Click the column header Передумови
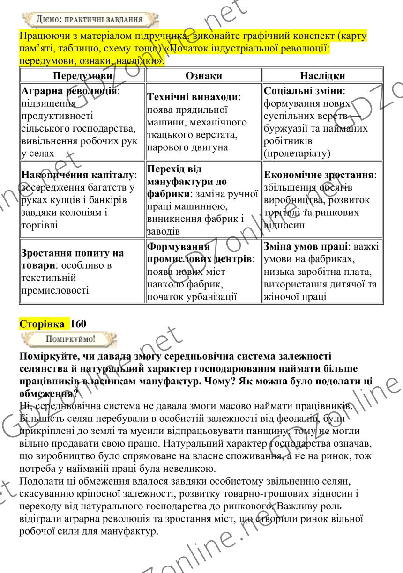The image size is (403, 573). [82, 75]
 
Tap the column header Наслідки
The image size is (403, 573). [322, 75]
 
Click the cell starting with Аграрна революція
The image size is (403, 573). [82, 121]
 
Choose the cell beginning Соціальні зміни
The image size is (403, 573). [322, 121]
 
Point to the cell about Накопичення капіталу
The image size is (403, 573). [82, 199]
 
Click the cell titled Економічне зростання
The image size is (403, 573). [322, 199]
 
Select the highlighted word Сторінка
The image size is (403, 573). [42, 323]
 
